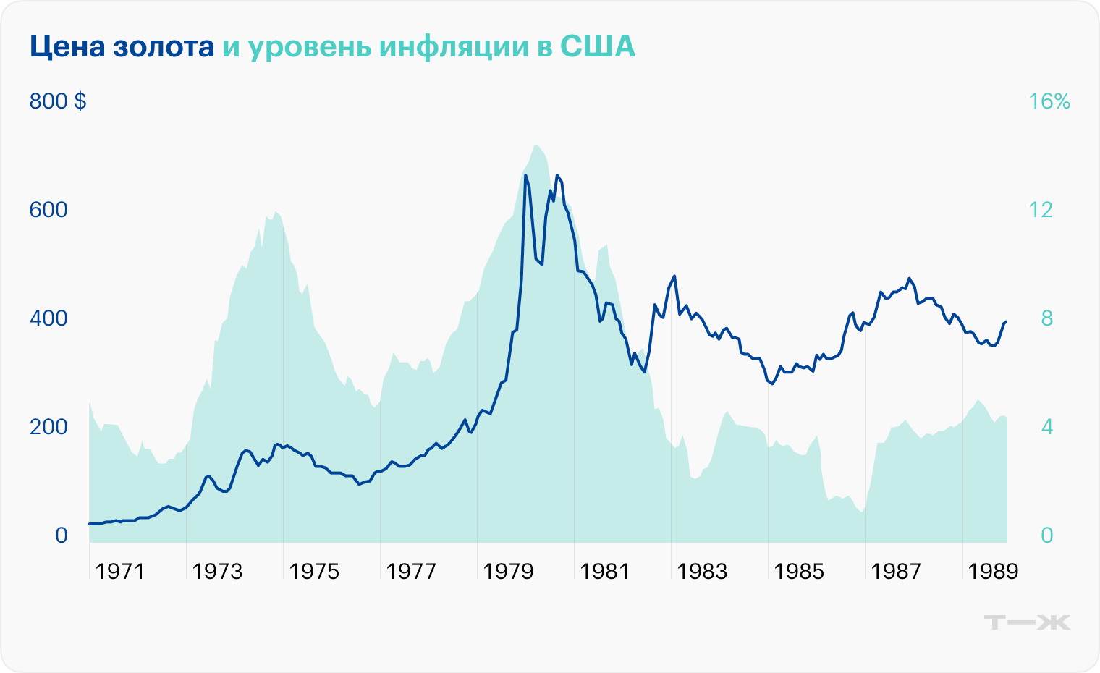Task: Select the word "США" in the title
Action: click(x=598, y=47)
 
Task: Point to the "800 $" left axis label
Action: click(x=58, y=101)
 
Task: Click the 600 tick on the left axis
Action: click(x=48, y=210)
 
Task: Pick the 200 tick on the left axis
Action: click(x=48, y=427)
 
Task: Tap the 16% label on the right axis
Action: click(x=1049, y=101)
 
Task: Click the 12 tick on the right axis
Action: click(x=1041, y=210)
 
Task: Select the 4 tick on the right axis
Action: click(x=1046, y=427)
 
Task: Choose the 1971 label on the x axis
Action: click(x=120, y=572)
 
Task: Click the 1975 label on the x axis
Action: click(x=314, y=572)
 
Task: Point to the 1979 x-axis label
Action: click(x=508, y=572)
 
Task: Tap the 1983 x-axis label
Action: click(x=702, y=572)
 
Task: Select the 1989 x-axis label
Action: click(x=993, y=572)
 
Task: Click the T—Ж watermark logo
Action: click(x=1028, y=622)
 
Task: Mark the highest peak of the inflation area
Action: click(x=536, y=145)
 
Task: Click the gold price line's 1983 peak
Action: click(x=674, y=276)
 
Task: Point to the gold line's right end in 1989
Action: click(x=1006, y=321)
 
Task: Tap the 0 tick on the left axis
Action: click(x=61, y=536)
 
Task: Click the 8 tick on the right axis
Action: click(x=1046, y=318)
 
